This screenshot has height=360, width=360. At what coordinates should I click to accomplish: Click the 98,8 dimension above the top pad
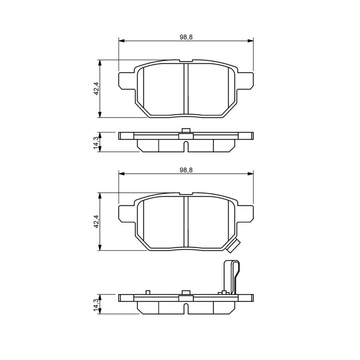pyautogui.click(x=186, y=37)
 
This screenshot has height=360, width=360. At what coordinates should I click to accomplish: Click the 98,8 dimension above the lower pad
pyautogui.click(x=186, y=170)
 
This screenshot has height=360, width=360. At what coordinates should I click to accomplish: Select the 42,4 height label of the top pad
pyautogui.click(x=96, y=89)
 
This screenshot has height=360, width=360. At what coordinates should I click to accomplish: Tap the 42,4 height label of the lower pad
pyautogui.click(x=96, y=221)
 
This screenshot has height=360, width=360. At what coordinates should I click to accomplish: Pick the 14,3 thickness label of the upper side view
pyautogui.click(x=96, y=142)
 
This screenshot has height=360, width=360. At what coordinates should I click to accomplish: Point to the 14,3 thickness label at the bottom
pyautogui.click(x=96, y=304)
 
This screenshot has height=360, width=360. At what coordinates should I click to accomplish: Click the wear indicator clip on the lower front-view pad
pyautogui.click(x=233, y=246)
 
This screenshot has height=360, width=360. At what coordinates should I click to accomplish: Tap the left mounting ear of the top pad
pyautogui.click(x=126, y=81)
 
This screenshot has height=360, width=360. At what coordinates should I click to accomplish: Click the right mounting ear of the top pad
pyautogui.click(x=246, y=81)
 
